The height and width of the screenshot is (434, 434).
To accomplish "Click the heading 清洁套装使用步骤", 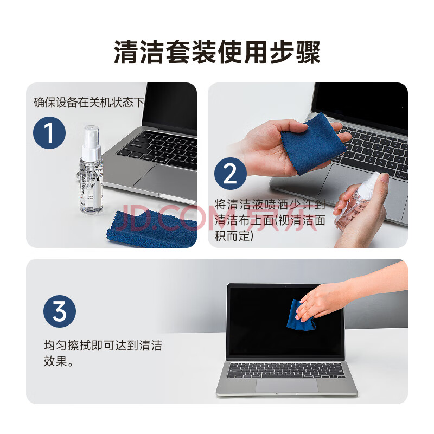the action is pyautogui.click(x=217, y=52).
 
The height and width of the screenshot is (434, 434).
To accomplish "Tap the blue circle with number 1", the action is pyautogui.click(x=49, y=133).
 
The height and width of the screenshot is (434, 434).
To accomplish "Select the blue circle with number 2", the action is pyautogui.click(x=230, y=174).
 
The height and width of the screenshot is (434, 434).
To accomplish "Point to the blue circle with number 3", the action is pyautogui.click(x=60, y=311).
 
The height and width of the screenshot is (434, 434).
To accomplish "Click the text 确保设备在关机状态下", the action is pyautogui.click(x=89, y=103).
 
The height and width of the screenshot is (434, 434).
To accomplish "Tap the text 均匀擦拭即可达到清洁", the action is pyautogui.click(x=103, y=346).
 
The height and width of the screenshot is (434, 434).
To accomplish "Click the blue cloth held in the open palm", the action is pyautogui.click(x=314, y=144).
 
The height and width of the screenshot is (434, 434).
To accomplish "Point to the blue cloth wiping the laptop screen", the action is pyautogui.click(x=301, y=316).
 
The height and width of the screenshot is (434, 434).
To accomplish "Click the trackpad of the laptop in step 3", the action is pyautogui.click(x=287, y=386).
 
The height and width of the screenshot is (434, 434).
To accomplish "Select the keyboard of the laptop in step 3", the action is pyautogui.click(x=286, y=371).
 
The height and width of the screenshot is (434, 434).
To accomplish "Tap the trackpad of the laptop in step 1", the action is pyautogui.click(x=166, y=177).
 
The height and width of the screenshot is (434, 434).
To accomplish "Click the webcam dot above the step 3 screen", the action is pyautogui.click(x=285, y=286).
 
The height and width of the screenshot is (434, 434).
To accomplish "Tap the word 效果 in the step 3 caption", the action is pyautogui.click(x=55, y=361).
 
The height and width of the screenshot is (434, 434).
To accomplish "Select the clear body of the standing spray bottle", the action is pyautogui.click(x=91, y=186).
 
